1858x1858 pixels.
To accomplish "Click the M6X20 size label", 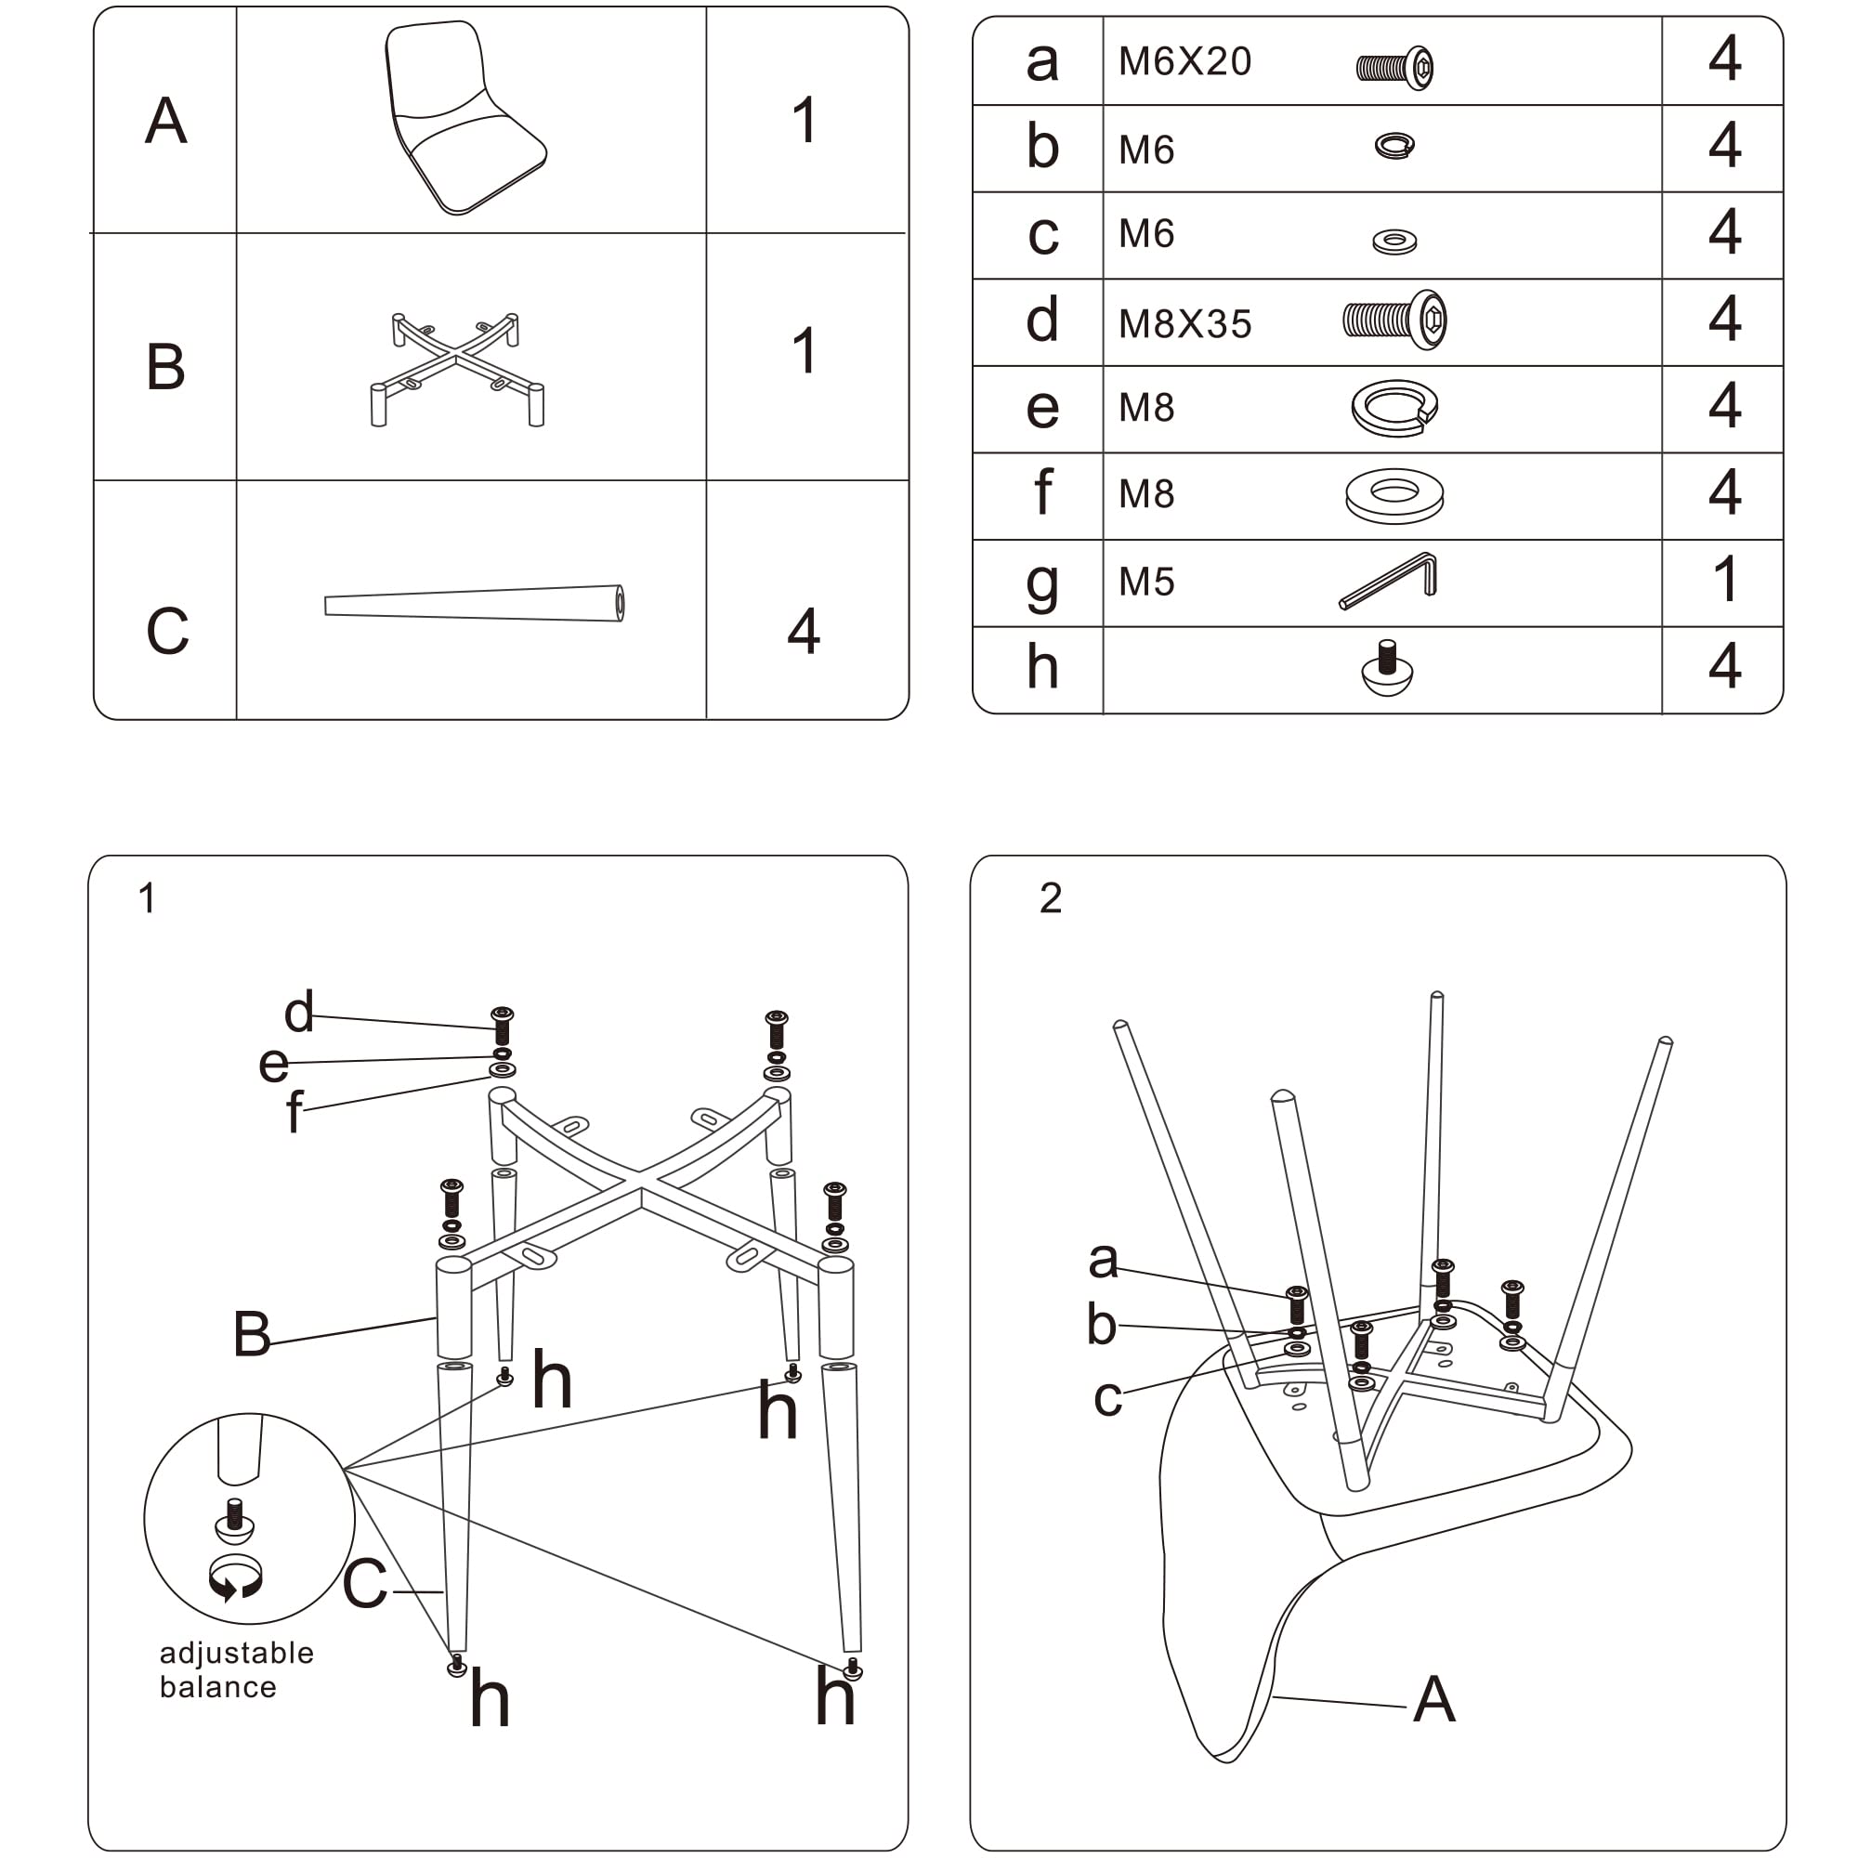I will (1184, 61).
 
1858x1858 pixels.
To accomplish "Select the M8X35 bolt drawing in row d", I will (1393, 320).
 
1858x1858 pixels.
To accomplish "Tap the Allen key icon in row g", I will (1388, 581).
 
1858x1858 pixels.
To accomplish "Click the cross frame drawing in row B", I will (457, 367).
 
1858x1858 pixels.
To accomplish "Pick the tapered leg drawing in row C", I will (474, 604).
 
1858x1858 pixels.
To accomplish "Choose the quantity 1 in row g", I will (1725, 579).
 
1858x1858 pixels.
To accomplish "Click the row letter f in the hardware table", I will (1041, 491).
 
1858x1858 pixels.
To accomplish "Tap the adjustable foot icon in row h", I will (1387, 668).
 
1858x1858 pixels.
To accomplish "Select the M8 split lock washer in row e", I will (1393, 408).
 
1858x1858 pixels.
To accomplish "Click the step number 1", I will (146, 898).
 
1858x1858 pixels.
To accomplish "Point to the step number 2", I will (1050, 898).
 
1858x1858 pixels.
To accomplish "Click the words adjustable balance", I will (236, 1669).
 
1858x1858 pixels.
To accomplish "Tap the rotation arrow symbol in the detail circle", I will (236, 1579).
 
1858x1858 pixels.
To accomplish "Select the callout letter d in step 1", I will (298, 1012).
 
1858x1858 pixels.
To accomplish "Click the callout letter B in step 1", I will (251, 1334).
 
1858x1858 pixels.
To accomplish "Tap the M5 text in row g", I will (1145, 582).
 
